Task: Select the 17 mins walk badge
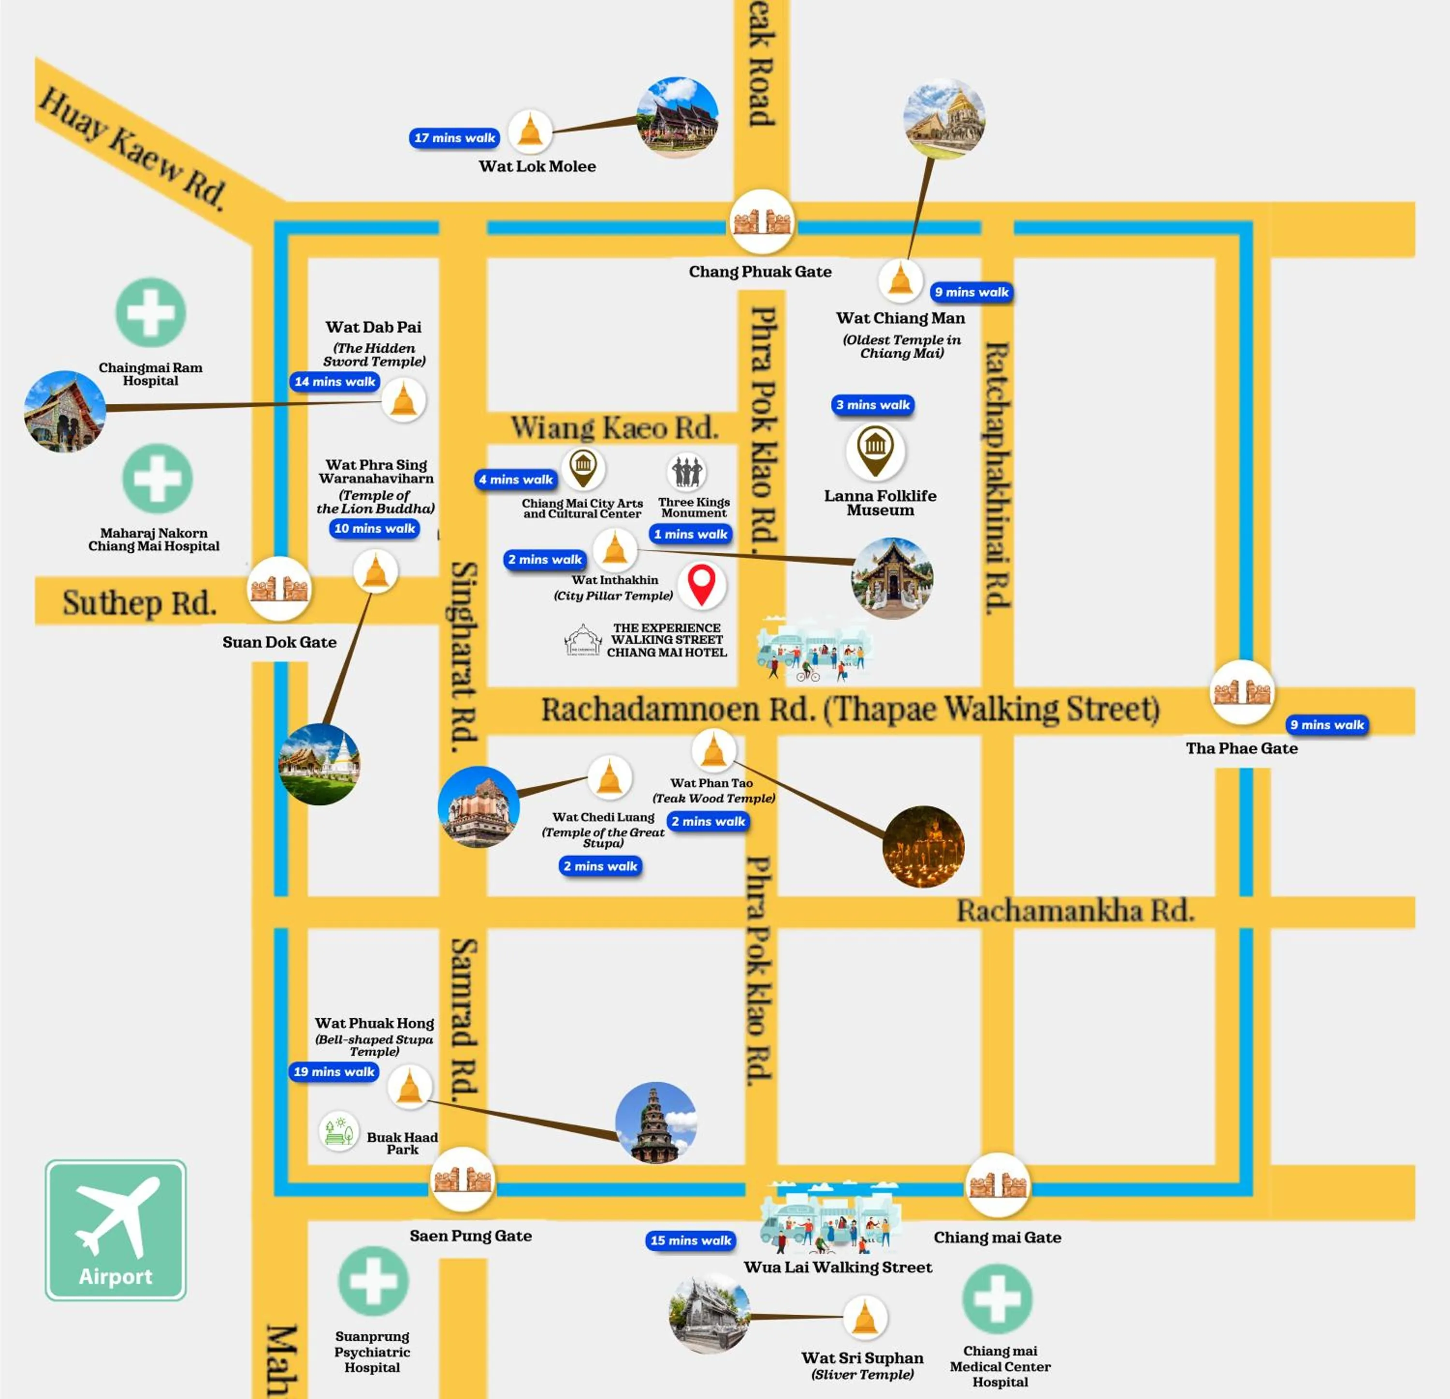(x=454, y=138)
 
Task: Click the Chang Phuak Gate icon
(x=761, y=221)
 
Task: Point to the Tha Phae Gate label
(x=1241, y=748)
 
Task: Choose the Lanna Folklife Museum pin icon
(x=875, y=449)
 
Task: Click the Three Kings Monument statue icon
(x=686, y=471)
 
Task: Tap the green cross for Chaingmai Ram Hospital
(x=151, y=312)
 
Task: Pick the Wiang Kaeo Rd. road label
(x=614, y=428)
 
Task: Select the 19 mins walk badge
(x=333, y=1071)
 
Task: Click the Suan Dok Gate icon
(x=279, y=589)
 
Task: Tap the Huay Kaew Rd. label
(x=131, y=148)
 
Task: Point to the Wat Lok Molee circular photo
(x=677, y=117)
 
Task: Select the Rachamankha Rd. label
(x=1075, y=911)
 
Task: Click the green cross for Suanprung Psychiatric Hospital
(x=373, y=1282)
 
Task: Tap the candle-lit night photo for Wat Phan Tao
(x=923, y=845)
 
